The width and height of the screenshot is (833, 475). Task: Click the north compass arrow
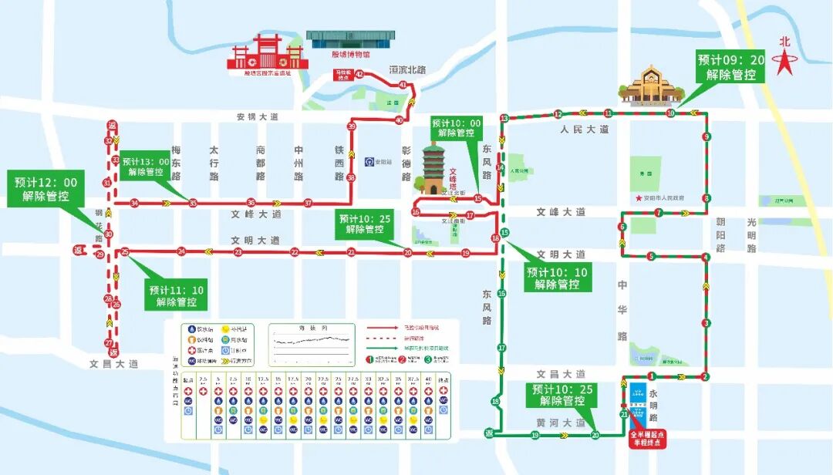click(x=785, y=58)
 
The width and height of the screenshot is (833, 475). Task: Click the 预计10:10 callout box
click(x=558, y=278)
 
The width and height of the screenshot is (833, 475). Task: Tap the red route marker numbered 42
click(x=359, y=73)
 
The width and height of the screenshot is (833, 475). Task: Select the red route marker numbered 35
click(x=193, y=204)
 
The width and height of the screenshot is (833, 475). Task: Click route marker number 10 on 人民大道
click(x=670, y=113)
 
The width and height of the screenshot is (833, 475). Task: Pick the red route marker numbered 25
click(x=124, y=251)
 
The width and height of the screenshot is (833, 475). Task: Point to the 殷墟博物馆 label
click(x=350, y=55)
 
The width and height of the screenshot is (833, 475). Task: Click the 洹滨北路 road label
click(x=408, y=69)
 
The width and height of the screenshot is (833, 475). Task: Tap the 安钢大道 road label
click(x=258, y=116)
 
